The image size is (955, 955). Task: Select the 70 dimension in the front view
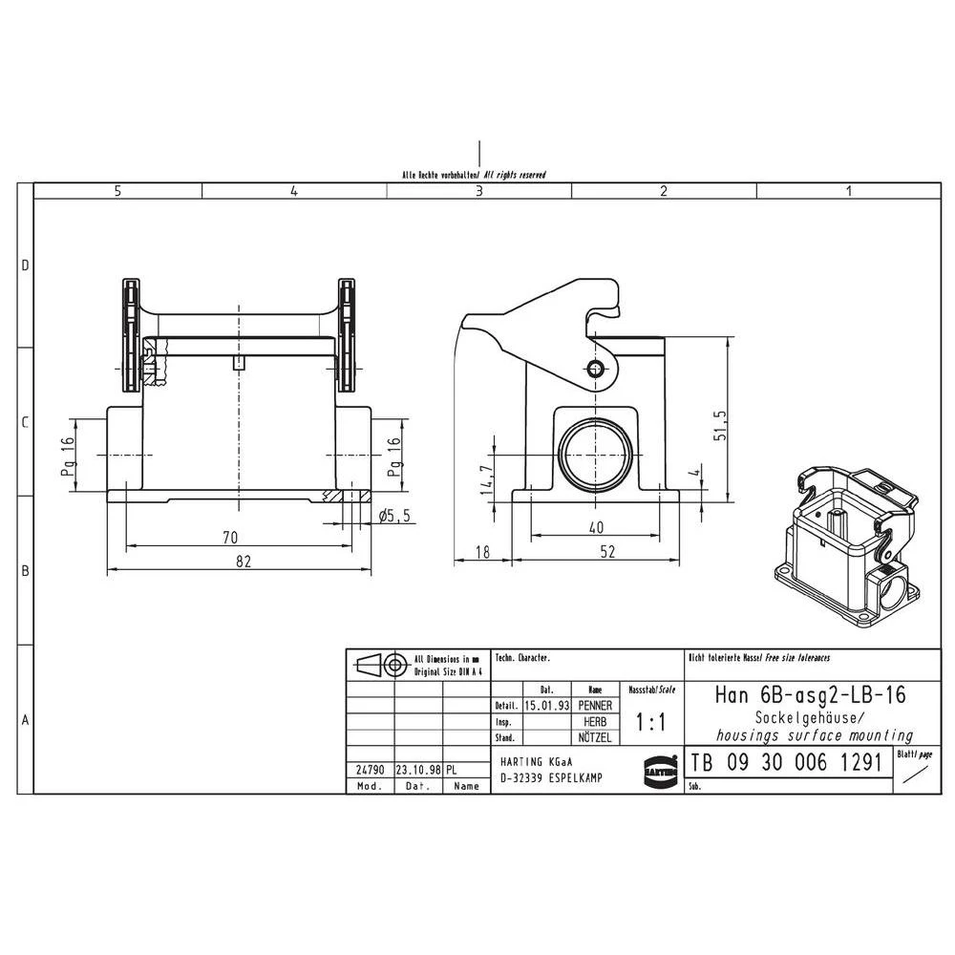tap(229, 537)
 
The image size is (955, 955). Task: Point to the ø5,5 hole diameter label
tap(393, 516)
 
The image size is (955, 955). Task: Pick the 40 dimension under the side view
tap(596, 526)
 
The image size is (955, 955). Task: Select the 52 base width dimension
tap(607, 551)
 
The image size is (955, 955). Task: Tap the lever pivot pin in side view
tap(597, 371)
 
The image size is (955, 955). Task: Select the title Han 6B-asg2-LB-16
tap(810, 694)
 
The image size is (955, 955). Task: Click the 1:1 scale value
tap(650, 724)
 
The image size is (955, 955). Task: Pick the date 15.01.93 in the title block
tap(547, 706)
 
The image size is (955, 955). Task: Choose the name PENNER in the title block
tap(595, 706)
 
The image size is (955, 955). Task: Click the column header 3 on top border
tap(479, 191)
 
